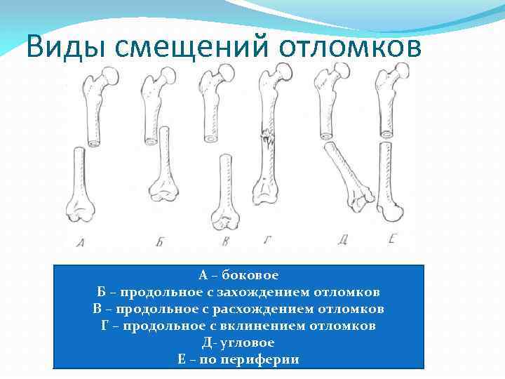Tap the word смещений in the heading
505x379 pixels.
pyautogui.click(x=191, y=48)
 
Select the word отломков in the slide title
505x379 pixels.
pyautogui.click(x=350, y=47)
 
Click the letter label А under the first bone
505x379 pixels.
pyautogui.click(x=81, y=242)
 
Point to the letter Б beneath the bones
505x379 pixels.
pyautogui.click(x=160, y=241)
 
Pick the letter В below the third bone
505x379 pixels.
pyautogui.click(x=225, y=241)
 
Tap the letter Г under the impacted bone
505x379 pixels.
pyautogui.click(x=267, y=240)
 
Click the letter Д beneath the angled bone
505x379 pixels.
pyautogui.click(x=342, y=240)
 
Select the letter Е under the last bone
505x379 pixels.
pyautogui.click(x=392, y=239)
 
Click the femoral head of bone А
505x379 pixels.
pyautogui.click(x=110, y=77)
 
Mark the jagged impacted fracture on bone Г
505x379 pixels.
pyautogui.click(x=268, y=138)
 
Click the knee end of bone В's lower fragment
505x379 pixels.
pyautogui.click(x=225, y=220)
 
